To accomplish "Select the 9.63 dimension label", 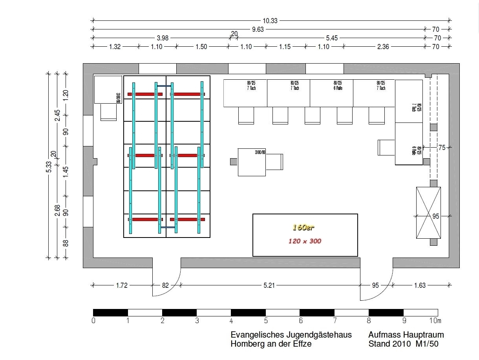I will (x=258, y=29).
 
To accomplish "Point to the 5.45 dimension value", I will (x=331, y=38).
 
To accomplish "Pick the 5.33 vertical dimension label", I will (x=49, y=167).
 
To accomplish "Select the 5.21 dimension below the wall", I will (x=269, y=285).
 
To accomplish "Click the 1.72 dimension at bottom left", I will (x=122, y=285).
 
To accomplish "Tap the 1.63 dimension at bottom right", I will (x=420, y=285).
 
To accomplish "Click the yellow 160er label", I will (x=303, y=227).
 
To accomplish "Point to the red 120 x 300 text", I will (x=305, y=241).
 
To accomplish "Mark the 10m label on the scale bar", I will (x=435, y=321).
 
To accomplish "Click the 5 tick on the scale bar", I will (x=266, y=321).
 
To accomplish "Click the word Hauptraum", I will (x=424, y=335).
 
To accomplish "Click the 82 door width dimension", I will (x=165, y=285).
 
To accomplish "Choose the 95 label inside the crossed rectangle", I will (x=435, y=216).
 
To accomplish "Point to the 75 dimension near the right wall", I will (x=442, y=148).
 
